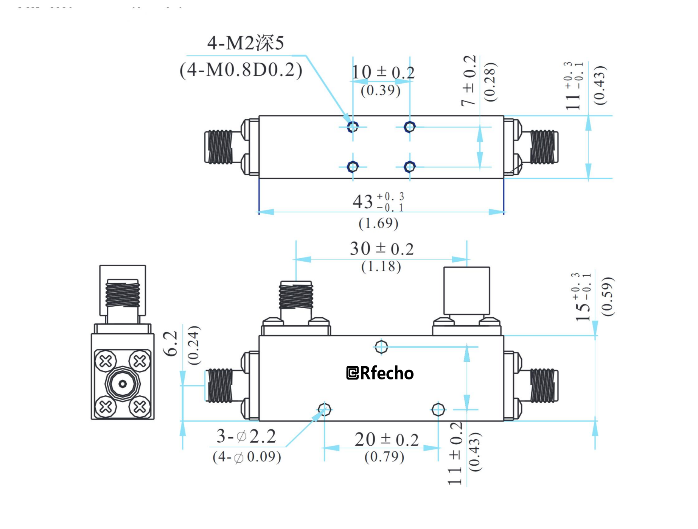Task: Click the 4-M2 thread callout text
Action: [245, 43]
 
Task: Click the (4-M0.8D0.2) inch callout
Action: [241, 70]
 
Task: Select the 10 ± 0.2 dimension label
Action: [383, 72]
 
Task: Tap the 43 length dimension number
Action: [363, 202]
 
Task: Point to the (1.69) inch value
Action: [378, 223]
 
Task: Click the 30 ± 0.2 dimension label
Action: [381, 249]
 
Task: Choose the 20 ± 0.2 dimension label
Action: [386, 440]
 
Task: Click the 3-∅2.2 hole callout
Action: [246, 436]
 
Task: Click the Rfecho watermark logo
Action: [380, 373]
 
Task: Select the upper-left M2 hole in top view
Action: [353, 126]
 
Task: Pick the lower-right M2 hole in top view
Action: [409, 167]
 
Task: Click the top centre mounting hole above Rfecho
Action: [381, 346]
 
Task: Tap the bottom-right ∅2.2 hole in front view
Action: [438, 409]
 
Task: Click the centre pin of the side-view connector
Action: [123, 384]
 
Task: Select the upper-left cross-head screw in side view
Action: [106, 361]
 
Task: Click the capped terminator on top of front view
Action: [466, 290]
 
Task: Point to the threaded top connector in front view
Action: [296, 295]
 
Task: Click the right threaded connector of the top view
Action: [543, 147]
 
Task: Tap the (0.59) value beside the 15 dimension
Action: [607, 296]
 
